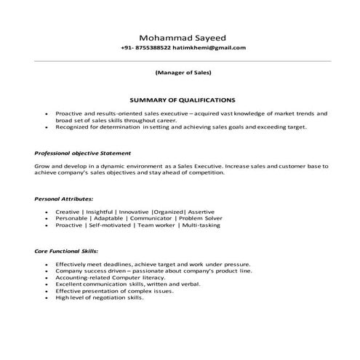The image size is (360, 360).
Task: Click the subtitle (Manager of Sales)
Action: tap(184, 73)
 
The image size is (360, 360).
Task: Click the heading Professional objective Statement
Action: tap(82, 153)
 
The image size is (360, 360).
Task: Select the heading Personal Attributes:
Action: tap(64, 198)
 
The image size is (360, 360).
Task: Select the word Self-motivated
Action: tap(111, 225)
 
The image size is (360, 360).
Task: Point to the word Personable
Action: tap(71, 218)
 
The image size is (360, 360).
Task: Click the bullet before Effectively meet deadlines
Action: tap(46, 265)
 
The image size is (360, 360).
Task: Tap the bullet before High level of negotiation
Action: tap(46, 297)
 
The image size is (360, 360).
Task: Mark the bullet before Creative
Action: tap(46, 212)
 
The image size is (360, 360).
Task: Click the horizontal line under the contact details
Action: tap(182, 60)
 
